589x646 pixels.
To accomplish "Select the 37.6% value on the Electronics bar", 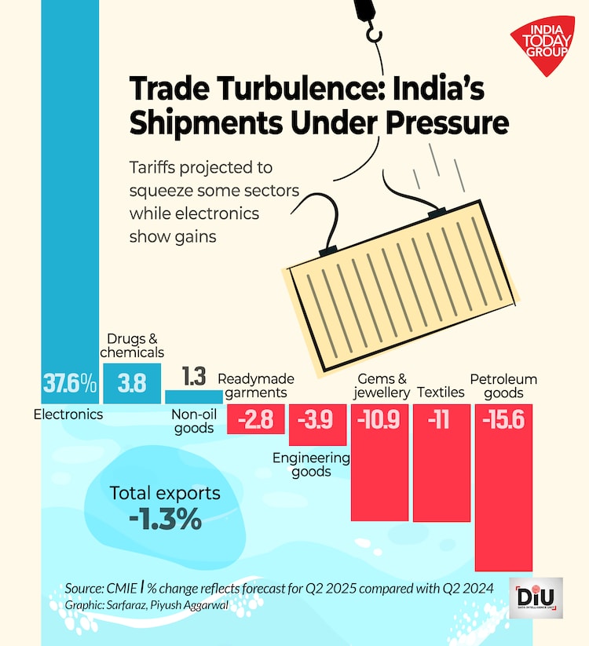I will [x=69, y=384].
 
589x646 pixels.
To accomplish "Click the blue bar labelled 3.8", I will [x=132, y=383].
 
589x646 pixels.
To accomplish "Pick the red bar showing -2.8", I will [x=255, y=419].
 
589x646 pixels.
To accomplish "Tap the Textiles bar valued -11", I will [x=441, y=462].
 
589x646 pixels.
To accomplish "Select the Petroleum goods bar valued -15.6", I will [x=504, y=487].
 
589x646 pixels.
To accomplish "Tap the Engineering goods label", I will [x=310, y=465].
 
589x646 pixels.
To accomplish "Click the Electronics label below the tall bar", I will [x=68, y=414].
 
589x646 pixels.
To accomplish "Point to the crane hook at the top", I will [x=371, y=24].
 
